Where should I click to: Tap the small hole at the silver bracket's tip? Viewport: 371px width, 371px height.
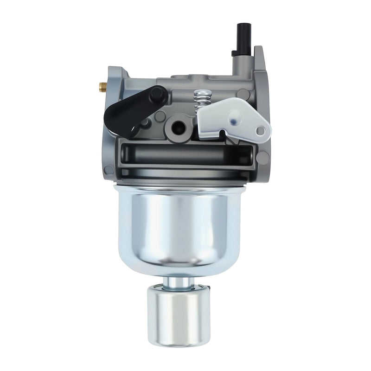coord(261,131)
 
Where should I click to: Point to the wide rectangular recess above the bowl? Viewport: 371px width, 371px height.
coord(185,154)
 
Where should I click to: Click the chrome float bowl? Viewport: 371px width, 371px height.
coord(185,223)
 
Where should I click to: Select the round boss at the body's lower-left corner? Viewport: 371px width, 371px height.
coord(109,170)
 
